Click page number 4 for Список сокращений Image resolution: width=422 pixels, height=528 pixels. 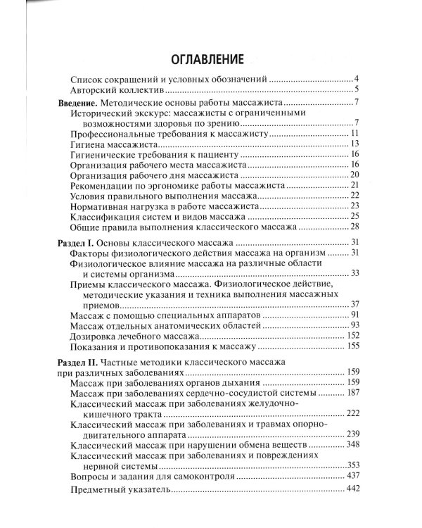357,78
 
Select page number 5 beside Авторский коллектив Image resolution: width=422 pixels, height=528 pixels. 357,89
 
